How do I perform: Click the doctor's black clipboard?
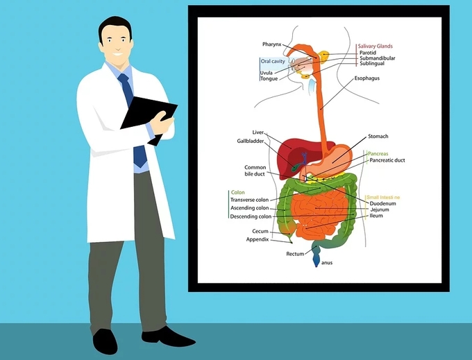[x=148, y=114]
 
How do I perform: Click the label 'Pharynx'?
[x=271, y=44]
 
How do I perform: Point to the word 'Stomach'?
[x=378, y=137]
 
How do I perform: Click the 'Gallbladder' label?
[x=251, y=141]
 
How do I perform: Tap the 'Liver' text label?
[x=258, y=132]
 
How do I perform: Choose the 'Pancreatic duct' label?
[x=387, y=160]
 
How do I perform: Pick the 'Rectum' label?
[x=295, y=255]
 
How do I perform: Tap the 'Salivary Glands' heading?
[x=376, y=46]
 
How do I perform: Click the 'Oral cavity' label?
[x=272, y=61]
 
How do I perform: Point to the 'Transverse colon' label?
[x=249, y=200]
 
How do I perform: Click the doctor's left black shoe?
[x=106, y=339]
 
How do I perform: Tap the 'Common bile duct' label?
[x=255, y=171]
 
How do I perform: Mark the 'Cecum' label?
[x=260, y=231]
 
